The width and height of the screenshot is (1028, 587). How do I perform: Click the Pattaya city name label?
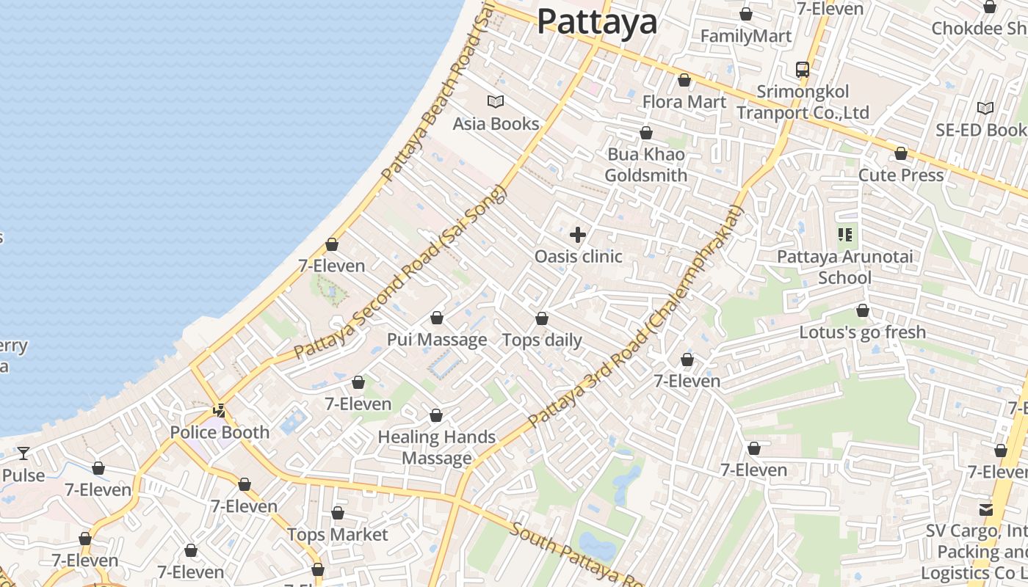[597, 21]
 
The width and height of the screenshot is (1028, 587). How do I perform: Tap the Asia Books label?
[496, 124]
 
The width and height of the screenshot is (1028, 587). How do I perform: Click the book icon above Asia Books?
[496, 102]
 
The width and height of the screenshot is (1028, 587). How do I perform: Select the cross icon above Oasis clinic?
[578, 235]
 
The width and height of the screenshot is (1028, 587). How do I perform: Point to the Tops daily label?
[542, 340]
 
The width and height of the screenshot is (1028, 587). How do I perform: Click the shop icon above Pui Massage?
[437, 318]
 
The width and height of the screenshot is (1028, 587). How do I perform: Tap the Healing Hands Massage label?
[437, 448]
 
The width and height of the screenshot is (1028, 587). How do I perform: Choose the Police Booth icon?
[219, 411]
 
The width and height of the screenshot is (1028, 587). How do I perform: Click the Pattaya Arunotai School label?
[845, 267]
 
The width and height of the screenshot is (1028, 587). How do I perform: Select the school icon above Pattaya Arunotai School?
[845, 235]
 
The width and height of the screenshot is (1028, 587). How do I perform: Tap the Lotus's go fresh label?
[863, 332]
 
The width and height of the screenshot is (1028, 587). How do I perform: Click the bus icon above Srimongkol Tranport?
[803, 70]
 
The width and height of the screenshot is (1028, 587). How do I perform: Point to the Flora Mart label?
[684, 102]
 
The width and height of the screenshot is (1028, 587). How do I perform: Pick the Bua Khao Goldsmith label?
[646, 165]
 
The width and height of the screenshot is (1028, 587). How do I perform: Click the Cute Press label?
[901, 175]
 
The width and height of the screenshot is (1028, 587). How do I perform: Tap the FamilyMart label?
[746, 36]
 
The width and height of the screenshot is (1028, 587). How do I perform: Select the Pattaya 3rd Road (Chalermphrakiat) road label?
[636, 317]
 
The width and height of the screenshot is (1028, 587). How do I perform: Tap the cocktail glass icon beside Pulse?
[23, 453]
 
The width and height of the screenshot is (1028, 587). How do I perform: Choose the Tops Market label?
[337, 535]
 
